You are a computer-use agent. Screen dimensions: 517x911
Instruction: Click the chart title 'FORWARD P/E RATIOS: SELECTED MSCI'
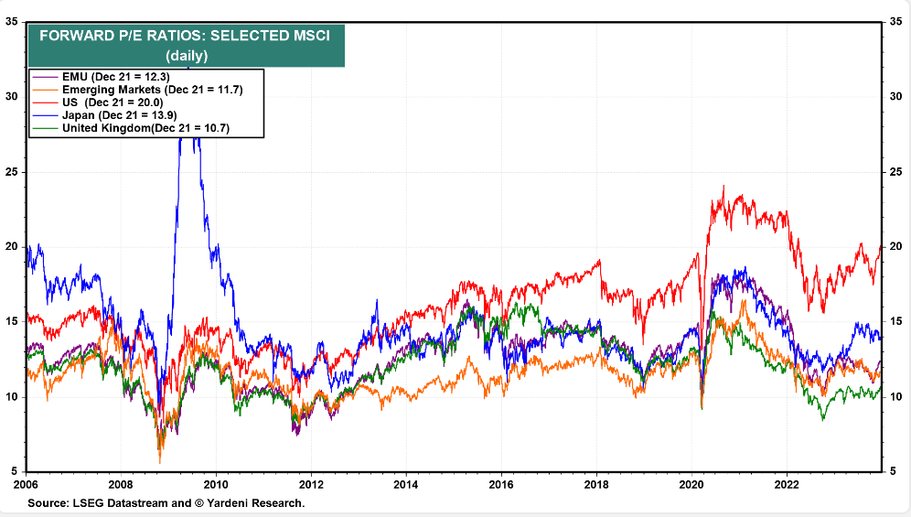point(185,38)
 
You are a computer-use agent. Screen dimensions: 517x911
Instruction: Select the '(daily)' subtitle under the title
point(186,56)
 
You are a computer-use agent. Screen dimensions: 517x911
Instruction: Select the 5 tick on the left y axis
point(15,471)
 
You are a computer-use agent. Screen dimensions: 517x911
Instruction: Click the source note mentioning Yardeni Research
point(166,503)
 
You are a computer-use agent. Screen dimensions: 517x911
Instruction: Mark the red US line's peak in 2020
point(723,187)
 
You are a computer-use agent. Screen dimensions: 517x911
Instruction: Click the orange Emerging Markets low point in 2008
point(160,462)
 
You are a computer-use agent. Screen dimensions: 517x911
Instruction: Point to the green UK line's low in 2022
point(823,419)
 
